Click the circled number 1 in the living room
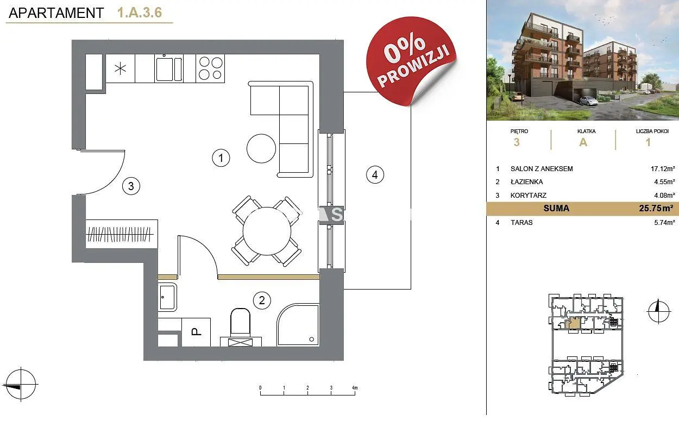[x=221, y=158]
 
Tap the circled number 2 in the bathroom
[x=262, y=300]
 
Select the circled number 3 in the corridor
[x=131, y=186]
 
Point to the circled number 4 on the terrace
[x=375, y=175]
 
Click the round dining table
[x=267, y=231]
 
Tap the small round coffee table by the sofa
[x=261, y=148]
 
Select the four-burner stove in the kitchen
[x=210, y=68]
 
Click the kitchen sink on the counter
[x=169, y=68]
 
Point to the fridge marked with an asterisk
[x=121, y=68]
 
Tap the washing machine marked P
[x=196, y=332]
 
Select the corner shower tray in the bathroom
[x=298, y=324]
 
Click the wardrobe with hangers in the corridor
[x=122, y=234]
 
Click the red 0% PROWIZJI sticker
[x=411, y=61]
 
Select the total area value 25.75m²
[x=656, y=208]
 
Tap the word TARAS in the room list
[x=521, y=222]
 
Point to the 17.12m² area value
[x=663, y=168]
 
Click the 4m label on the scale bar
[x=355, y=387]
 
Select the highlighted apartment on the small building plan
[x=573, y=323]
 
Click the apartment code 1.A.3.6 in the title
[x=140, y=12]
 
